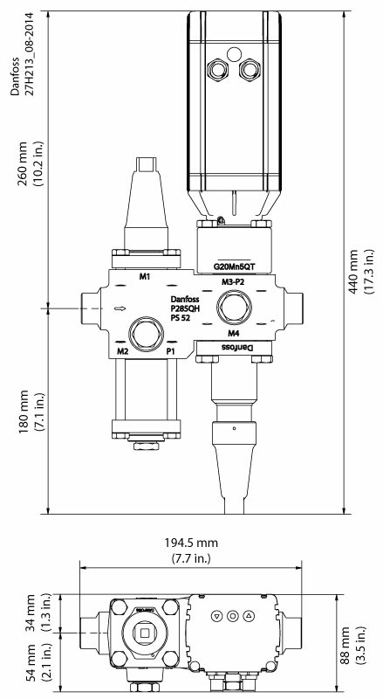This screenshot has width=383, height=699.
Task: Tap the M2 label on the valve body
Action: point(123,351)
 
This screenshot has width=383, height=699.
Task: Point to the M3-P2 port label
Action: point(232,283)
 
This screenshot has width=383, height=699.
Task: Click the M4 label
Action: point(233,334)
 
